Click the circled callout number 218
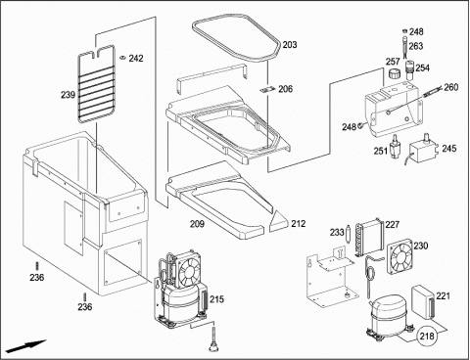tap(427, 336)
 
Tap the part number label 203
tap(290, 45)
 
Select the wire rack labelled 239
tap(97, 84)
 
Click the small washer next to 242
tap(122, 58)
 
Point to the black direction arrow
tap(25, 346)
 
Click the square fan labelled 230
tap(399, 255)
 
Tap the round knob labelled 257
tap(394, 73)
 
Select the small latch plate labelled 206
tap(268, 90)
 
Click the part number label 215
tap(216, 299)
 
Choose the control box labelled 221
tap(423, 301)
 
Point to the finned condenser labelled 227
tap(369, 237)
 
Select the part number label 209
tap(197, 224)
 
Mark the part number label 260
tap(451, 87)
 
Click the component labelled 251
tap(396, 146)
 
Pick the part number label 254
tap(422, 67)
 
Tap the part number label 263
tap(416, 46)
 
